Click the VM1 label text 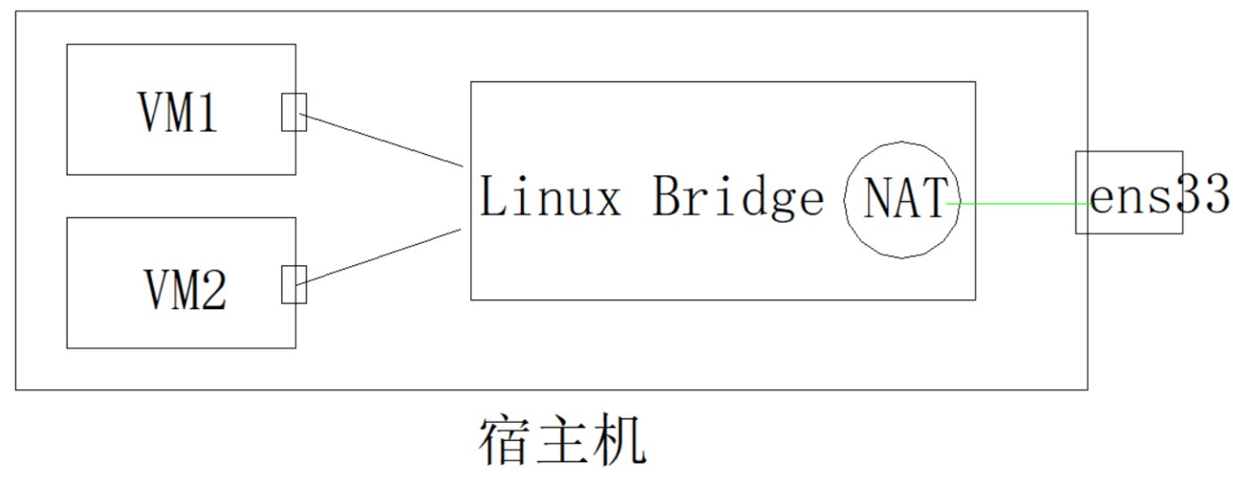tap(178, 112)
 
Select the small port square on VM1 tap(294, 112)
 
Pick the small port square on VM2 tap(294, 284)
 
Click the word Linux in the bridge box tap(549, 197)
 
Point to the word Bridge tap(738, 197)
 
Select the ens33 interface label tap(1157, 196)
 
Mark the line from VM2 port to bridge tap(383, 256)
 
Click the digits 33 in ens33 tap(1204, 194)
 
